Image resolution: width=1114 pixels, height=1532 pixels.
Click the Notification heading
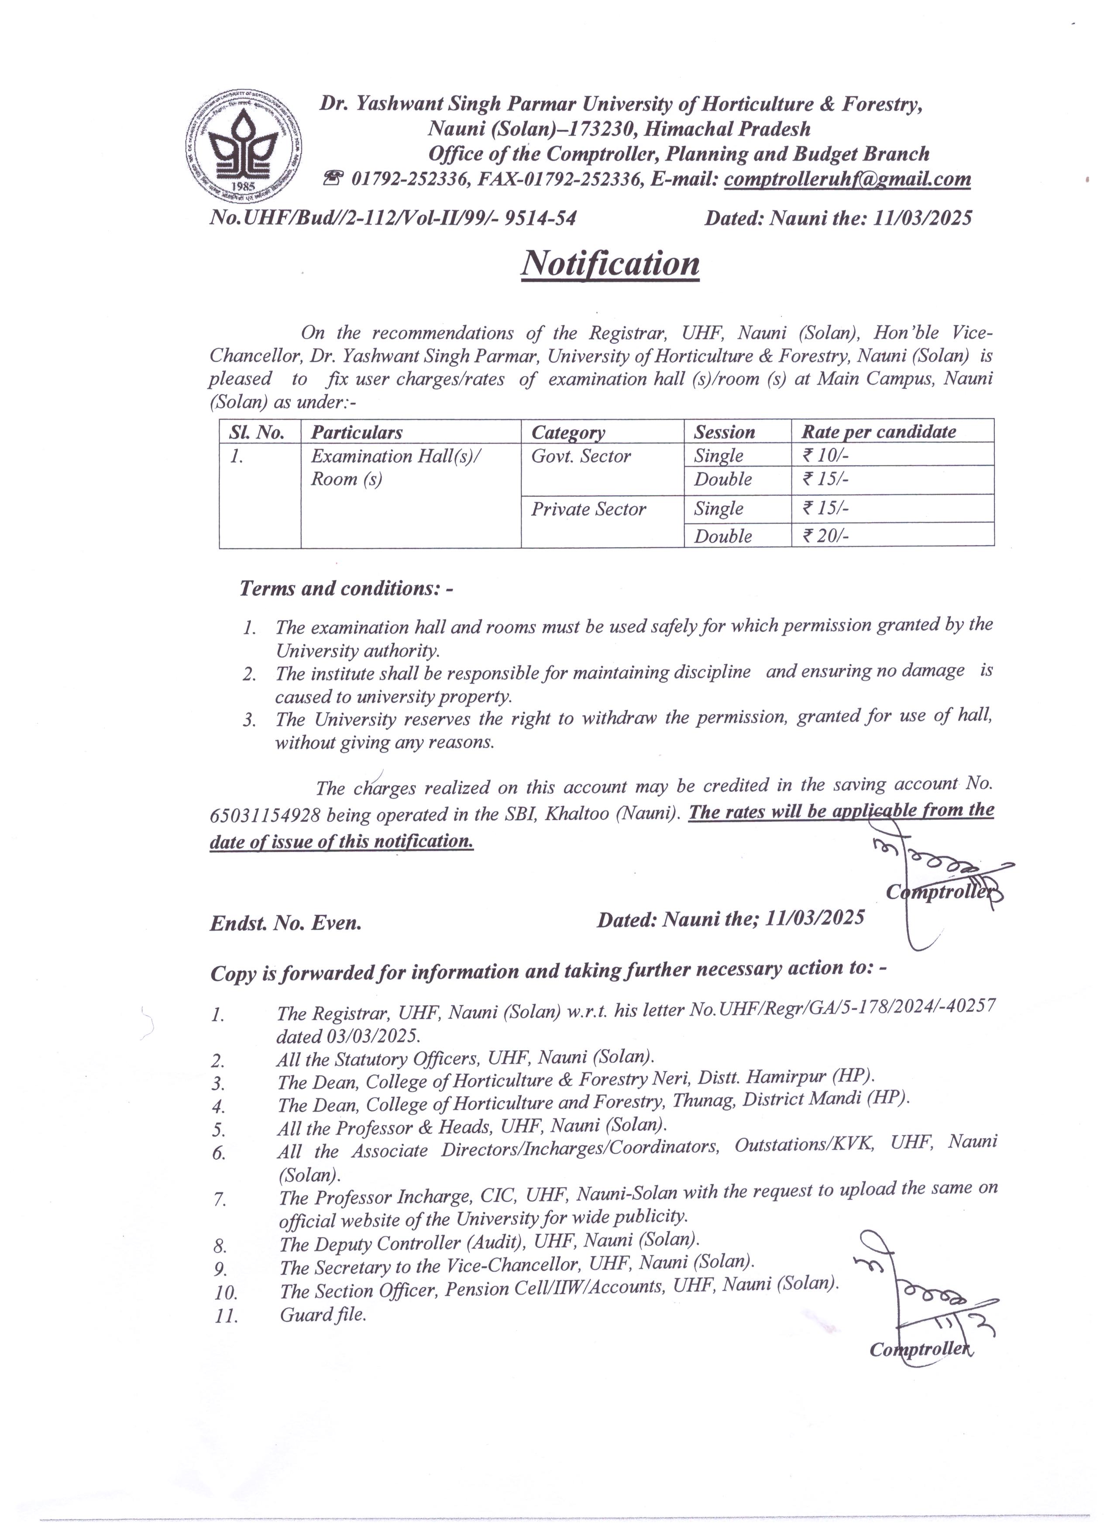point(610,264)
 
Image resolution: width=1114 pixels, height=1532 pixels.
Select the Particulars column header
point(357,432)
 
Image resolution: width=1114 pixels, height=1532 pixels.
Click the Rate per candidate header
point(879,432)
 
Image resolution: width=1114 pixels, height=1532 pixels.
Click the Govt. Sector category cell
point(581,456)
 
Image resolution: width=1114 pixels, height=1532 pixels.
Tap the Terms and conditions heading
point(346,588)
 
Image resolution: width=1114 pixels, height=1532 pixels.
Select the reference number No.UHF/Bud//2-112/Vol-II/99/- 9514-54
point(393,217)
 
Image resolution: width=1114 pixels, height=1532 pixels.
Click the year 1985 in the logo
point(242,186)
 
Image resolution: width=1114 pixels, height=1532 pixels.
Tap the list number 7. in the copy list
point(220,1200)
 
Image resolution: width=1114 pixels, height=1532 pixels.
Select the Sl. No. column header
point(257,432)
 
